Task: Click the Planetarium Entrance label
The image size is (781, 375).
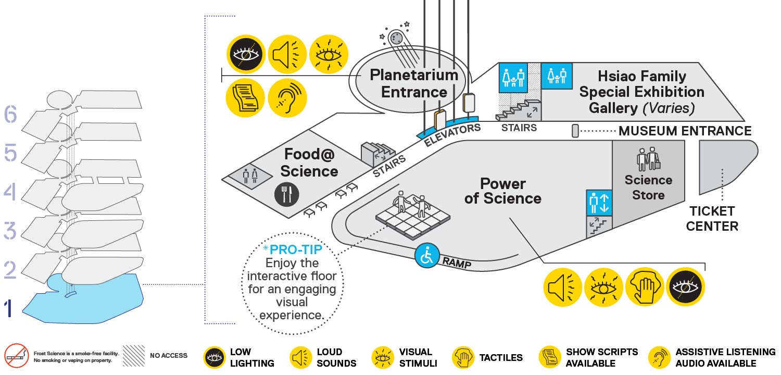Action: click(x=414, y=84)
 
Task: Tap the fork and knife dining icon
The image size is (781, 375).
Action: click(x=286, y=194)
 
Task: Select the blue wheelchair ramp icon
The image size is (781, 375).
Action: click(x=427, y=256)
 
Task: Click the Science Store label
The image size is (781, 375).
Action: click(x=649, y=187)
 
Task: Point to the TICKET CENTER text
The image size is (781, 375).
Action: click(x=712, y=219)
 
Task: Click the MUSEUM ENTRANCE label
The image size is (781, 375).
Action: click(x=685, y=131)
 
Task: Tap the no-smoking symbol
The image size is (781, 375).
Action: click(x=16, y=356)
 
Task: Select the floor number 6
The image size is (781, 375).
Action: click(x=10, y=114)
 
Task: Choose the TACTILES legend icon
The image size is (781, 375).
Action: click(x=463, y=357)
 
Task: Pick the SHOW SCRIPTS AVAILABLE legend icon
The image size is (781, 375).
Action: click(x=549, y=357)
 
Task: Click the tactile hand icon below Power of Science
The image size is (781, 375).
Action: click(x=645, y=287)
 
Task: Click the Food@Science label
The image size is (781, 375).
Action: click(x=309, y=162)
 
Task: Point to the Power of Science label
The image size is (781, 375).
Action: click(x=503, y=191)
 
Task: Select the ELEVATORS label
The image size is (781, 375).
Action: click(x=452, y=135)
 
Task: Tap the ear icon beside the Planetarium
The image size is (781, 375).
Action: click(x=287, y=98)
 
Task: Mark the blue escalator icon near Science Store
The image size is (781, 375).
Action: click(x=599, y=203)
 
